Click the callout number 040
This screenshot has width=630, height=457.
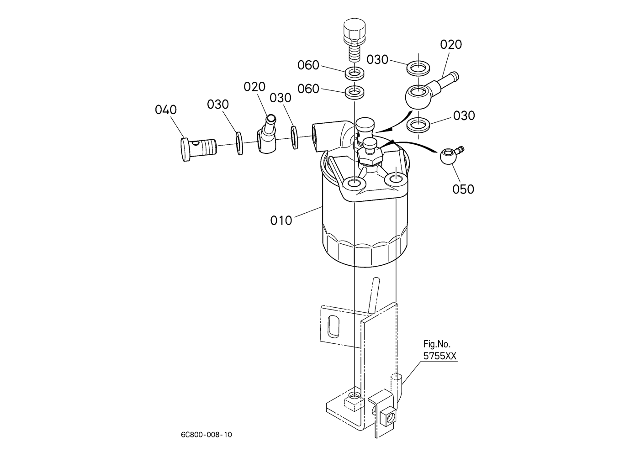(166, 110)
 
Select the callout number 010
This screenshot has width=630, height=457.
(281, 221)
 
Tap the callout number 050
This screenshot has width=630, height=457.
(463, 189)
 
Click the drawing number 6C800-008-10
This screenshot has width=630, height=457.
(206, 435)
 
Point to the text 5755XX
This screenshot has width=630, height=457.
(440, 356)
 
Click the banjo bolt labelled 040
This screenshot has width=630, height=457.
(198, 149)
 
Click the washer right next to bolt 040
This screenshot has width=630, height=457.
(239, 143)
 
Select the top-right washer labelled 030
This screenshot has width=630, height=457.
(418, 68)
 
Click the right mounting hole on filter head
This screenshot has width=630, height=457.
(396, 178)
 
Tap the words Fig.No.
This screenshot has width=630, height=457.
(437, 344)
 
